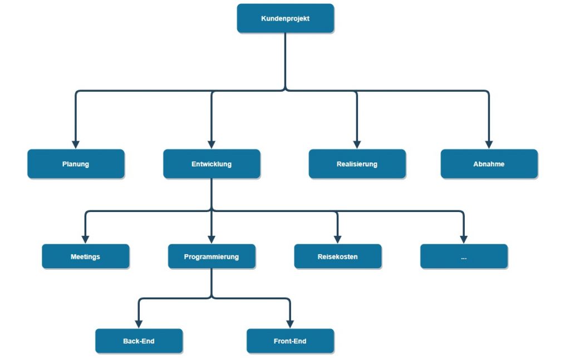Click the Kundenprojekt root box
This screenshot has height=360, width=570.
point(285,18)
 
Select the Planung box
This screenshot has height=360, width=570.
point(76,164)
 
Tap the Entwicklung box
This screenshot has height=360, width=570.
point(212,164)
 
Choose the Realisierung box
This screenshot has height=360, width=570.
point(357,164)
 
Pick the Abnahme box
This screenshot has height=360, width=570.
point(489,164)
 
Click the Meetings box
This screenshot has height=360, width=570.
point(85,257)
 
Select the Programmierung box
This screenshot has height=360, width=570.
point(212,257)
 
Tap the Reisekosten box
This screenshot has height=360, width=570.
point(337,257)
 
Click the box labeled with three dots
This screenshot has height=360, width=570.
point(464,257)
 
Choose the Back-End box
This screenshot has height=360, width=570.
point(139,341)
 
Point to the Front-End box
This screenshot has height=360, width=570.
point(290,341)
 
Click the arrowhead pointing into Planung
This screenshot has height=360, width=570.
point(76,144)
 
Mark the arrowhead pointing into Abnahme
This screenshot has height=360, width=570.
point(489,144)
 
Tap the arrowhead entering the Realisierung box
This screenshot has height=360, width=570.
point(357,144)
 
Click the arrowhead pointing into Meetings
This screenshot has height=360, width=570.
point(85,239)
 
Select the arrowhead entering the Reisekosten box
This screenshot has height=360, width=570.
point(337,239)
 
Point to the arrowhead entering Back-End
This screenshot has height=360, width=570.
point(139,323)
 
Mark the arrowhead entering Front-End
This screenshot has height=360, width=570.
point(290,323)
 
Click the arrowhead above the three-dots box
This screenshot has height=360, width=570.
point(464,239)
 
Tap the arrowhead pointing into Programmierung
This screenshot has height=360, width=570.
point(212,239)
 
